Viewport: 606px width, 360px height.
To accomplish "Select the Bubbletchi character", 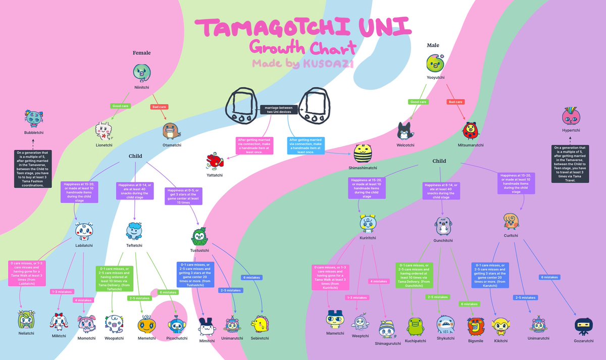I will [35, 119].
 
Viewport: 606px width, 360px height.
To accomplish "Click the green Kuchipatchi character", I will [416, 326].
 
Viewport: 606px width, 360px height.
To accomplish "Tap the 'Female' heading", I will [141, 53].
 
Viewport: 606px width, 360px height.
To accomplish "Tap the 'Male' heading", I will [433, 45].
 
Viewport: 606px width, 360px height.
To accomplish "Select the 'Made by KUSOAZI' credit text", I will [303, 63].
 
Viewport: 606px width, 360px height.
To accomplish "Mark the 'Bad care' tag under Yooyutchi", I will [456, 102].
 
